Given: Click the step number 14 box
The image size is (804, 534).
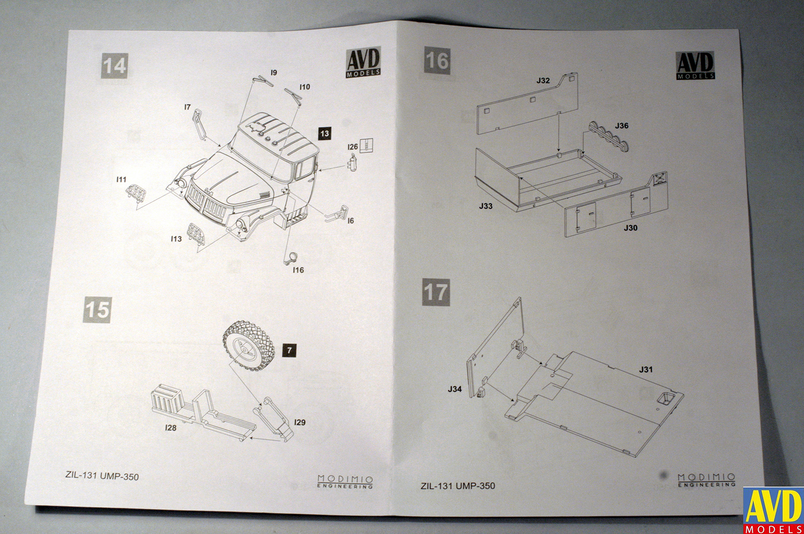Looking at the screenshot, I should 114,66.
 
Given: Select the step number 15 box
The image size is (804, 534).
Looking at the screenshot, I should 97,309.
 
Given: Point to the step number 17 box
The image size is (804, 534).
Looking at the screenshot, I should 436,292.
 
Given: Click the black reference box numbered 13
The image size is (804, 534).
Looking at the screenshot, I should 324,133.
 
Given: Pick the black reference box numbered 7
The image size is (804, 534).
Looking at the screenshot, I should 289,350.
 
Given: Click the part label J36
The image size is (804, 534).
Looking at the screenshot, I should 622,126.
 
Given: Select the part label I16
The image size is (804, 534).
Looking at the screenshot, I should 298,270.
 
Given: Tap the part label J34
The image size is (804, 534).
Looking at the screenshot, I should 455,389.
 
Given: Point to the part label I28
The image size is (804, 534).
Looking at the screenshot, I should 171,428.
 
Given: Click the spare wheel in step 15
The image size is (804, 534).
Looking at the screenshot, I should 248,346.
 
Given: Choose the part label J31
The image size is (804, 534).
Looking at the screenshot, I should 646,370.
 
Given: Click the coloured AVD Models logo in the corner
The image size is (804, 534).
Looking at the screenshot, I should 773,510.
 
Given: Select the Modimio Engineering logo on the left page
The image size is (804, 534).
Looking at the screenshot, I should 345,481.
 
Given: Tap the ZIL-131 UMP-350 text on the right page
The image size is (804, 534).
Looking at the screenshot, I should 457,486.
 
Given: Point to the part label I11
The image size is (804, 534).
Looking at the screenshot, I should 121,180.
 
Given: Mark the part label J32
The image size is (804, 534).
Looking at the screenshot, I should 543,80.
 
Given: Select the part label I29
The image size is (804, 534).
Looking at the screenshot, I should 299,422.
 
